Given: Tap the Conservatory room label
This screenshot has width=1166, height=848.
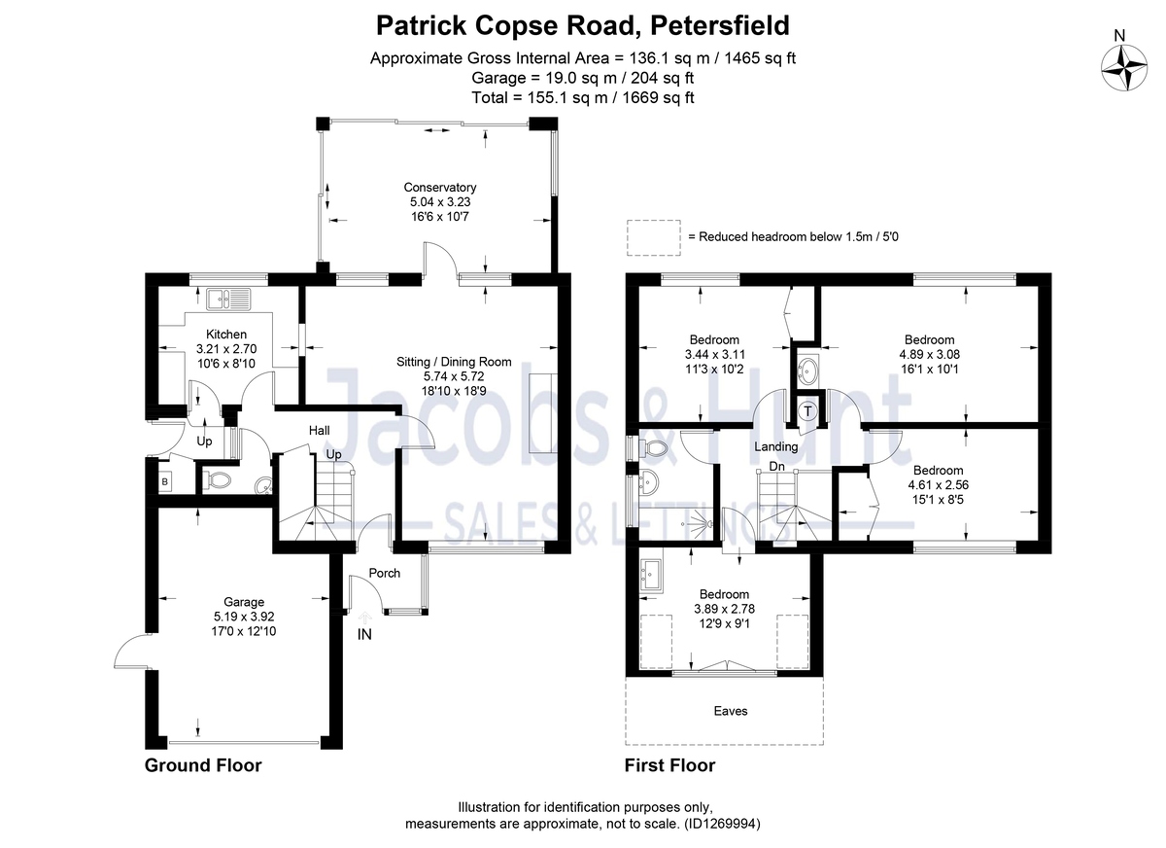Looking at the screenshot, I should point(440,188).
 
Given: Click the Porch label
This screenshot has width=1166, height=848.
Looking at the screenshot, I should point(385,573).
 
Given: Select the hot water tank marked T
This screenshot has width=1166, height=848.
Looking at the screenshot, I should point(807,411).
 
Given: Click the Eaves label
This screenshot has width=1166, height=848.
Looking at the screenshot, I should point(731,711).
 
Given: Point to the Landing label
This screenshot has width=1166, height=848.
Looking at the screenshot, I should point(777,446).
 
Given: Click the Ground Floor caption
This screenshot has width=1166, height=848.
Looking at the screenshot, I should point(203,765).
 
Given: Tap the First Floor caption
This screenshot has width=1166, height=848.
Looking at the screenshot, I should point(669,765).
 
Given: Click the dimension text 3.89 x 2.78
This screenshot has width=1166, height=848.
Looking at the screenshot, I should point(724,609).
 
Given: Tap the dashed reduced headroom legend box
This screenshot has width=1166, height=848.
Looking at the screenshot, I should point(653,236).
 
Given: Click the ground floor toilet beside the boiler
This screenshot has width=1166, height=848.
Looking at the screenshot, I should point(218,479).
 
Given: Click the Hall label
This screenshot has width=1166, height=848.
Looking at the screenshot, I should point(320,430).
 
